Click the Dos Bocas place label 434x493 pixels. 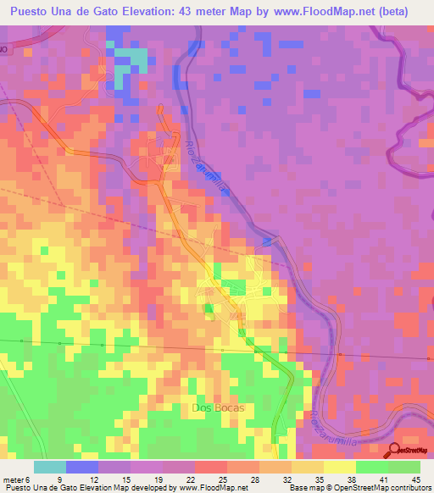point(217,408)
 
